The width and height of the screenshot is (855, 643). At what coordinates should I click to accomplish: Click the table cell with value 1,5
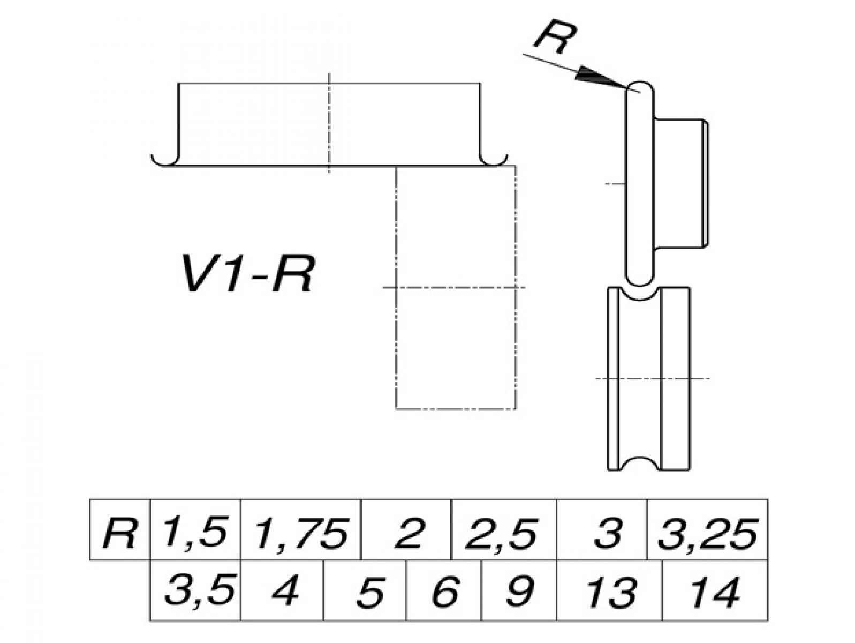point(195,530)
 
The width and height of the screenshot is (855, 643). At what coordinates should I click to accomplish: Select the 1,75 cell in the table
point(301,530)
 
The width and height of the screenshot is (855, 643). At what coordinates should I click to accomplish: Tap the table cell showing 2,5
point(503,530)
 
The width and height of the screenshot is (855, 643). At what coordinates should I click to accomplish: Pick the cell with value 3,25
point(707,530)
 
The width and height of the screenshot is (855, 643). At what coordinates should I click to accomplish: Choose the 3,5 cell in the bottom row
point(196,591)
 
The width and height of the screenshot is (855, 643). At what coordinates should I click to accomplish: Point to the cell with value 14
point(715,591)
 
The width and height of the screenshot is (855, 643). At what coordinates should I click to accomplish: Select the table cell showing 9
point(519,591)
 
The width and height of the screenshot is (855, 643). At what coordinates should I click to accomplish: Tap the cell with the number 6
point(444,591)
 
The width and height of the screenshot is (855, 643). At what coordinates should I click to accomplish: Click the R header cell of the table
point(120,530)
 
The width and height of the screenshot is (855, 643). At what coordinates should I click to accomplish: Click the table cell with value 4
point(282,591)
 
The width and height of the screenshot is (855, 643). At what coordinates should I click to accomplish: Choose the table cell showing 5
point(365,591)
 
